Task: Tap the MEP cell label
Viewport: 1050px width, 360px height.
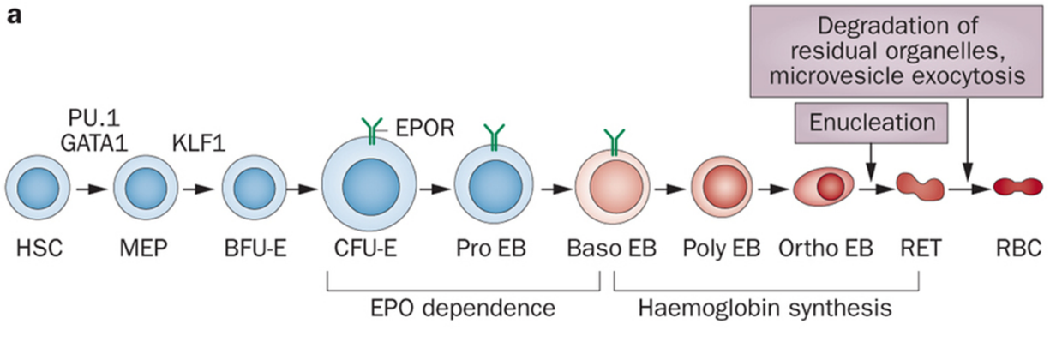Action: click(142, 250)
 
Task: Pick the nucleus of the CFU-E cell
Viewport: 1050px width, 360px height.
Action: click(369, 188)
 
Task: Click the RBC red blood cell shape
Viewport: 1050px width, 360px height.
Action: click(1017, 185)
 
